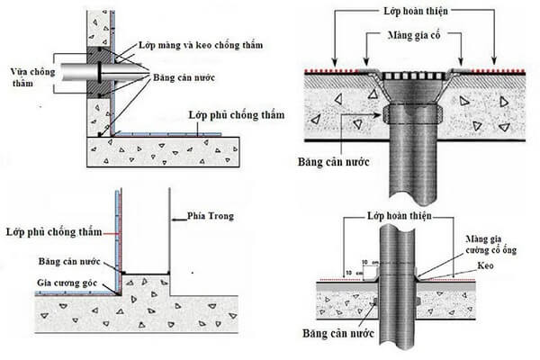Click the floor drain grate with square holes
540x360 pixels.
click(415, 75)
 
